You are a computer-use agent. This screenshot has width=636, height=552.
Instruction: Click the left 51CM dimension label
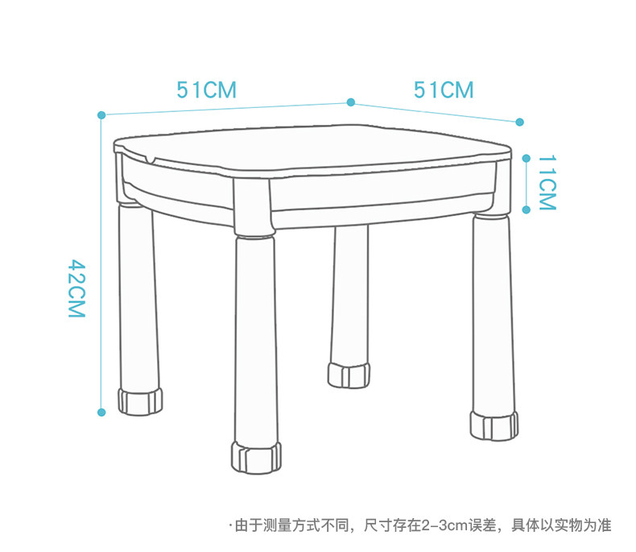coord(207,89)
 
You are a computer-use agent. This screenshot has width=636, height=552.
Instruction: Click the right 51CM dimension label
coord(444,89)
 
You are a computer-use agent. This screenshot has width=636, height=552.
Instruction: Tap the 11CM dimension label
coord(547,182)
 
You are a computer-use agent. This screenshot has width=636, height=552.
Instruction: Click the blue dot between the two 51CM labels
coord(351,102)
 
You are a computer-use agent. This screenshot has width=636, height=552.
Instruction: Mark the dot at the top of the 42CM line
coord(101,115)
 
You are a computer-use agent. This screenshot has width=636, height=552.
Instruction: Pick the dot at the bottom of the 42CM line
coord(101,412)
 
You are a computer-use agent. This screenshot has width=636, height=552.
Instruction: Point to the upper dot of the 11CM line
coord(526,157)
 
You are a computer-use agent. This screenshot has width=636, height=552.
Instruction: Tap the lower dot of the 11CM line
coord(526,210)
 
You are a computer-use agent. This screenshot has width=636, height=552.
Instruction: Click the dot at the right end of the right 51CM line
coord(519,122)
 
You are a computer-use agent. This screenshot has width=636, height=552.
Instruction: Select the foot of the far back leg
coord(349,375)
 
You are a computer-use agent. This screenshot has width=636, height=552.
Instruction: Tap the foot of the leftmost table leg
coord(140,401)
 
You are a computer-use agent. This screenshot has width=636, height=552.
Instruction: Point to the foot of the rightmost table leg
coord(494,425)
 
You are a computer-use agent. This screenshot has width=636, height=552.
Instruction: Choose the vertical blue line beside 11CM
coord(526,184)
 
